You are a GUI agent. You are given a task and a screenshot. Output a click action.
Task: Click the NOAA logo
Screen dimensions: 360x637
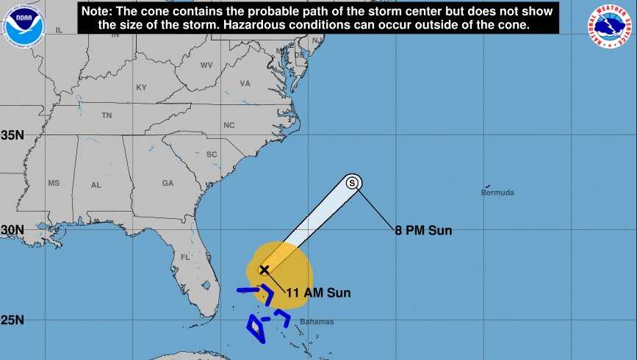pyautogui.click(x=24, y=24)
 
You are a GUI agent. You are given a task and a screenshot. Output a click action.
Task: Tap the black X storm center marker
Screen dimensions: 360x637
pyautogui.click(x=264, y=270)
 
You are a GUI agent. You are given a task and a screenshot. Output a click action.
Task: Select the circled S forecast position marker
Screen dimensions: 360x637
pyautogui.click(x=353, y=182)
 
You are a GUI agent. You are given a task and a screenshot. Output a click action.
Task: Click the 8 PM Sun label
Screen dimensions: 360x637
pyautogui.click(x=423, y=231)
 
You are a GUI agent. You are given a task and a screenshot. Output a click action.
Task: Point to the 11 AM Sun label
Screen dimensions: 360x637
pyautogui.click(x=318, y=293)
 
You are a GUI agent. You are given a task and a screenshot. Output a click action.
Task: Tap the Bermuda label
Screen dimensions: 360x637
pyautogui.click(x=497, y=193)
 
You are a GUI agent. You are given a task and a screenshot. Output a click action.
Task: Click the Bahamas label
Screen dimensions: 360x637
pyautogui.click(x=317, y=322)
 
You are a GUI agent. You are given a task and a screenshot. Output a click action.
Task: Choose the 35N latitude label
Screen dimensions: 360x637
pyautogui.click(x=12, y=136)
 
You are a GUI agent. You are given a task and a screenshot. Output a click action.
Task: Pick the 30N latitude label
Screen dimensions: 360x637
pyautogui.click(x=12, y=230)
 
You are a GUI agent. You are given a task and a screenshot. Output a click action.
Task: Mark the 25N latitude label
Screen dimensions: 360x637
pyautogui.click(x=12, y=320)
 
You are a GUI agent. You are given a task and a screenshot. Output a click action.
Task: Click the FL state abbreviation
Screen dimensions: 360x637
pyautogui.click(x=185, y=258)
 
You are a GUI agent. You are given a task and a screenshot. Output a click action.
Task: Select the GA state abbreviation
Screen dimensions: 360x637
pyautogui.click(x=168, y=184)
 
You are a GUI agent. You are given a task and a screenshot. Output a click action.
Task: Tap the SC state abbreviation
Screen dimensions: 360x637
pyautogui.click(x=212, y=154)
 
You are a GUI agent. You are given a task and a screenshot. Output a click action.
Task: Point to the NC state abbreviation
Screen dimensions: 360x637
pyautogui.click(x=229, y=126)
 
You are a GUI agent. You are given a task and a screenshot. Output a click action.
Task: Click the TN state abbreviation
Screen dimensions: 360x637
pyautogui.click(x=107, y=115)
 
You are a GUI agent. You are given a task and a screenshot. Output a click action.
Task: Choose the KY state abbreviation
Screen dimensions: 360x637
pyautogui.click(x=141, y=87)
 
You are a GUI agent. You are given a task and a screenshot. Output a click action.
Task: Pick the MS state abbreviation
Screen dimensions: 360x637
pyautogui.click(x=54, y=183)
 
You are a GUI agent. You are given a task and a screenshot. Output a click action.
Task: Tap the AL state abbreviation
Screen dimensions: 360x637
pyautogui.click(x=96, y=185)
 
